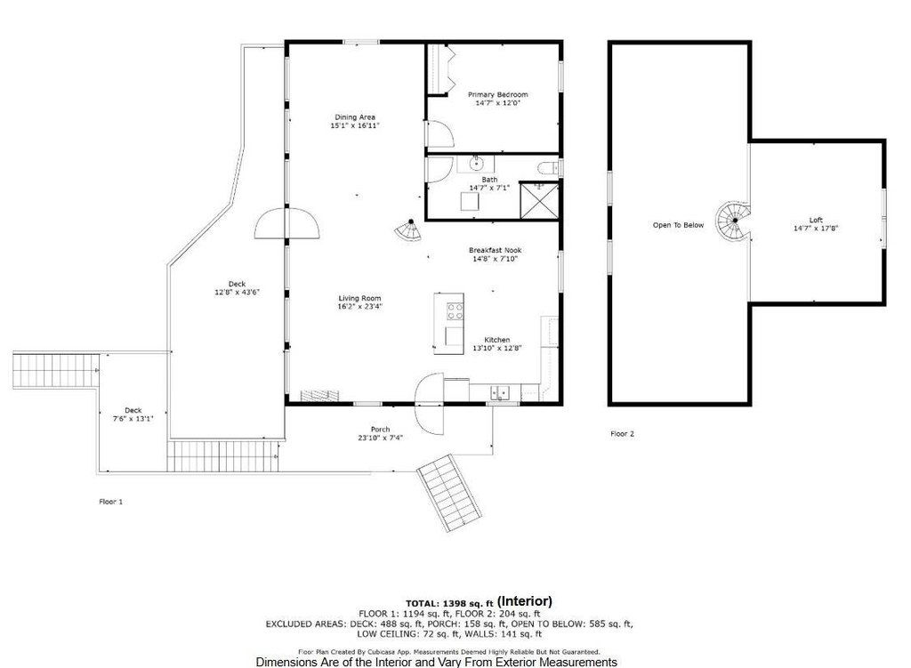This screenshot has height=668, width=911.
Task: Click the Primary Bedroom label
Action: click(x=498, y=94)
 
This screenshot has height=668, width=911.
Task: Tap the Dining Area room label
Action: click(x=355, y=117)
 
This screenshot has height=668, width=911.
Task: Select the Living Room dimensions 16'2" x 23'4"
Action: click(x=360, y=307)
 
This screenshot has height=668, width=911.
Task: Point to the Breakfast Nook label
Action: click(x=495, y=250)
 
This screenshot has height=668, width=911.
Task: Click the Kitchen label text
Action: click(x=497, y=340)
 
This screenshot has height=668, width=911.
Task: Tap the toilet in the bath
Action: click(x=547, y=169)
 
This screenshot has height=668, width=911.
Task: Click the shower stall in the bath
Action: click(x=538, y=200)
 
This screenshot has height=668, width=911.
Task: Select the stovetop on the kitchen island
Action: click(x=455, y=311)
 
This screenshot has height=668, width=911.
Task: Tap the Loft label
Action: click(x=817, y=221)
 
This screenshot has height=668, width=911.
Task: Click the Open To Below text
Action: click(x=678, y=225)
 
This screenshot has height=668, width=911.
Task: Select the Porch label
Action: click(x=381, y=430)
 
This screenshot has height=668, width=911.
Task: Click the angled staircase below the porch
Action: click(x=449, y=493)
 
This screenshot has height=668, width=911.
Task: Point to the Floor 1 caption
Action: click(x=111, y=502)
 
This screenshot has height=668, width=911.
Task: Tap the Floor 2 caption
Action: click(x=622, y=434)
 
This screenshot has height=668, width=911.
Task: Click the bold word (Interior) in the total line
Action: click(x=525, y=601)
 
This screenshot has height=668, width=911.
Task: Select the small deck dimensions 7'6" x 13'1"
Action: click(x=133, y=418)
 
